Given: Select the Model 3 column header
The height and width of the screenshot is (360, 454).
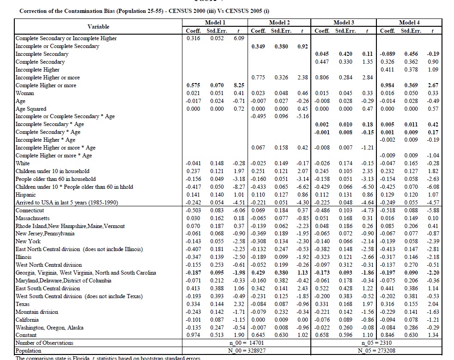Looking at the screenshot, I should (x=344, y=22).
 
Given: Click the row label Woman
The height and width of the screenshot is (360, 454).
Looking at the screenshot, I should (x=25, y=93).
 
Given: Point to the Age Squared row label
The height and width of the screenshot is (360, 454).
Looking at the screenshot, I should (x=31, y=109).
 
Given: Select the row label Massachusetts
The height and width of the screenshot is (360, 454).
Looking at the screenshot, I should (x=32, y=218).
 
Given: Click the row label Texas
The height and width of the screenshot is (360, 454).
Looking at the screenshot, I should (x=23, y=304).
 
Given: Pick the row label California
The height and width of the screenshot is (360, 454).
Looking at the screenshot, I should (x=27, y=320).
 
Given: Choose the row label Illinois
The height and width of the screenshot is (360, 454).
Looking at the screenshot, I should (x=24, y=257).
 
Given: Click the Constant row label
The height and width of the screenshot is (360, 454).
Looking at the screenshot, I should (x=26, y=335).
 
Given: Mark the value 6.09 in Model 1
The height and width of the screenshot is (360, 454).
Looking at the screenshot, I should (x=238, y=38).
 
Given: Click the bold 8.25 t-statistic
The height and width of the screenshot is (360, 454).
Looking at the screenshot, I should (x=238, y=85).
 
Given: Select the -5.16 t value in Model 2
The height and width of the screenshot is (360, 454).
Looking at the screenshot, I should (x=302, y=116).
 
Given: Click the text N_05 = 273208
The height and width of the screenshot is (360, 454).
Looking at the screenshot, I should (x=376, y=351).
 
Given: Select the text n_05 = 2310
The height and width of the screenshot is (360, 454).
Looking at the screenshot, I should (x=376, y=343).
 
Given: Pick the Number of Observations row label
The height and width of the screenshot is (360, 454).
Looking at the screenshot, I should (x=44, y=343).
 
